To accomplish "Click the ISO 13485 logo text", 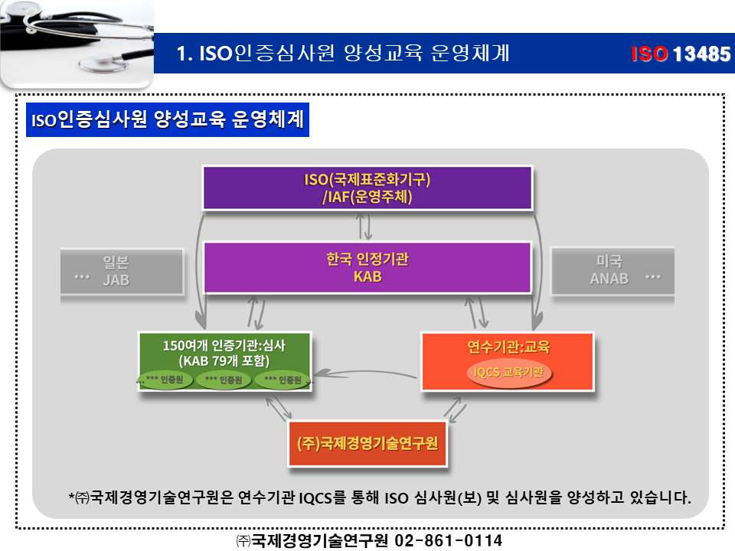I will [x=681, y=54].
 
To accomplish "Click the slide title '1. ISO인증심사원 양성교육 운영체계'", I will [x=343, y=54].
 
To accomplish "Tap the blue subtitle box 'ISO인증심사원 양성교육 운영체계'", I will [x=167, y=121].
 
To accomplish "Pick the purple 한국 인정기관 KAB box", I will [x=367, y=268].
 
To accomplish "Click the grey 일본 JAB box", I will [x=122, y=270].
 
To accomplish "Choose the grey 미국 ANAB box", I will [x=612, y=270].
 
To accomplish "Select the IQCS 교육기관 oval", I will [x=509, y=373].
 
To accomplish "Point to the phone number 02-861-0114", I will [x=448, y=540].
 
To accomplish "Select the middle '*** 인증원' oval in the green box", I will [x=224, y=380].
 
